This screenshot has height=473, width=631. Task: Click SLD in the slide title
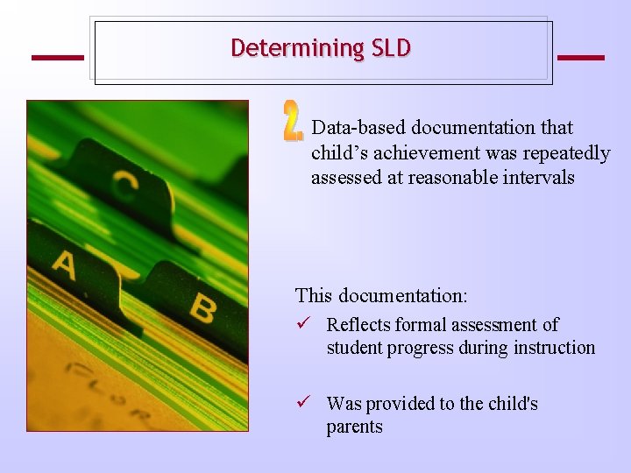click(x=391, y=48)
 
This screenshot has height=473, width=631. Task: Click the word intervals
click(x=542, y=178)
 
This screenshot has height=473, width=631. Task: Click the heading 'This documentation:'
click(x=381, y=295)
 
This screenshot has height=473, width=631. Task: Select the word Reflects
click(x=358, y=325)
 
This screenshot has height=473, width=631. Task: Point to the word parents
click(x=354, y=427)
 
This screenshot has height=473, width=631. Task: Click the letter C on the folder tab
click(x=124, y=184)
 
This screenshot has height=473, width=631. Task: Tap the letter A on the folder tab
click(x=64, y=264)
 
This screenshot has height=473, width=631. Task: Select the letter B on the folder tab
click(x=202, y=307)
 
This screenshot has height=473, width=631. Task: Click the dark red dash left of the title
click(x=58, y=58)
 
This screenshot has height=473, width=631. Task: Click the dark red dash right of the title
click(x=580, y=58)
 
